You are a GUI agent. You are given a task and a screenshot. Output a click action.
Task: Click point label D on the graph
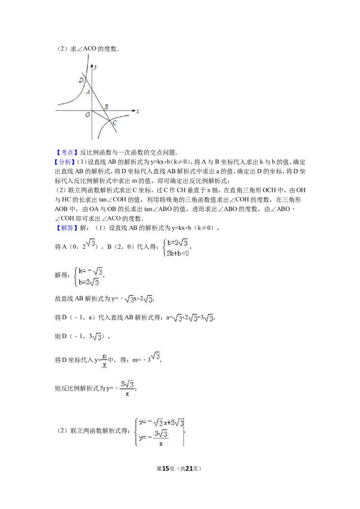[81, 80]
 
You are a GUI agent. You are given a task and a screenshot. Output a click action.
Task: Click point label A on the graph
[88, 92]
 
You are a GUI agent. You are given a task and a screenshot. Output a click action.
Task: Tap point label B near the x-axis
[106, 107]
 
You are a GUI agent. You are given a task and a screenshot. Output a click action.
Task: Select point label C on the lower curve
[114, 123]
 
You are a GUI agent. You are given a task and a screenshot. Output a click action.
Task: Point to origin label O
[87, 115]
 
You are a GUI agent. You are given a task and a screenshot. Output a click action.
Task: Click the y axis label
[95, 67]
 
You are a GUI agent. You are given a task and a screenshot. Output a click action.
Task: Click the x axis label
[138, 111]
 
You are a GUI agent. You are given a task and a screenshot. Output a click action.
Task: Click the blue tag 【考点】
[67, 152]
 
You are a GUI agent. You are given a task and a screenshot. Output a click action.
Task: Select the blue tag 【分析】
[65, 162]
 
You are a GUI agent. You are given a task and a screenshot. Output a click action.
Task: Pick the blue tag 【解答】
[67, 228]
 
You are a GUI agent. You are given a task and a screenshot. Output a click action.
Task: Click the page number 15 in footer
[166, 469]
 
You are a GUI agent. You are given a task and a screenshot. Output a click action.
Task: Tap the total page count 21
[189, 469]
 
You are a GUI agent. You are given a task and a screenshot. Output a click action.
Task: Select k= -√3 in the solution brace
[90, 271]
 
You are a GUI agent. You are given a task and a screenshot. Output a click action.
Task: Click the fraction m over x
[104, 360]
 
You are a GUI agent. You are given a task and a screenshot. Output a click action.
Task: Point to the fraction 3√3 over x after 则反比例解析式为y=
[127, 388]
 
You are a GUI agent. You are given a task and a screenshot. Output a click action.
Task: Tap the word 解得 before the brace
[61, 275]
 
